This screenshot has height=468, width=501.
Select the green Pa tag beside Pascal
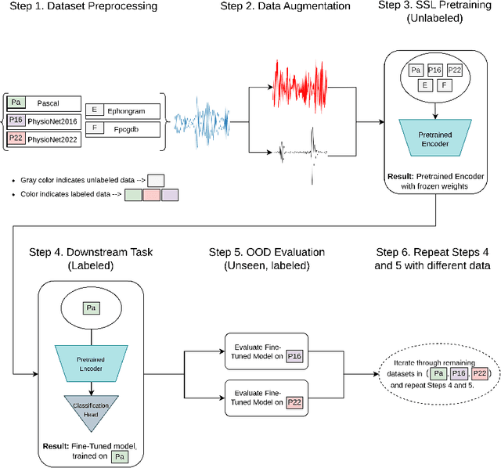16,103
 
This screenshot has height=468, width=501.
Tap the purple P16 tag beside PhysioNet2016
16,120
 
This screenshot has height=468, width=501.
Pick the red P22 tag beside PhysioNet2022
16,138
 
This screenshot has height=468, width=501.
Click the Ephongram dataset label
125,111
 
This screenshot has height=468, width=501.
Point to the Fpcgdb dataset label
125,128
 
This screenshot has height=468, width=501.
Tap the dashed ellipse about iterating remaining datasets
437,375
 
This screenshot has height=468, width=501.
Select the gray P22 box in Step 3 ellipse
456,71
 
